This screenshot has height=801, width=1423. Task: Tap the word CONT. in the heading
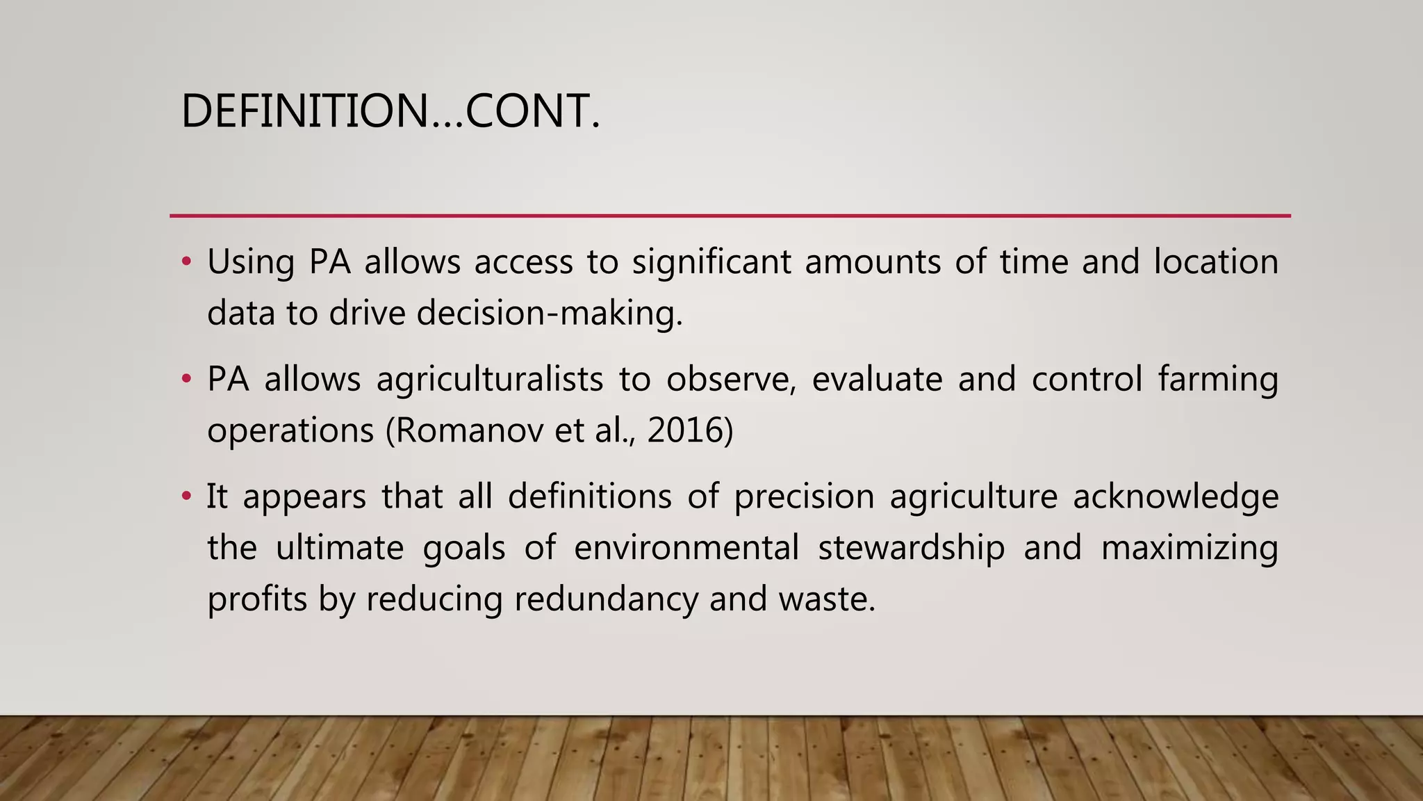[532, 111]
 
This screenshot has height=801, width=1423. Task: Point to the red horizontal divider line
[730, 216]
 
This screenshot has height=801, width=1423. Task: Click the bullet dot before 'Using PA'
[186, 262]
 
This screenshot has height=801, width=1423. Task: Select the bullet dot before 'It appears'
[186, 496]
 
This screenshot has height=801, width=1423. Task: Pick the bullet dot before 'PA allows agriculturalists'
[186, 379]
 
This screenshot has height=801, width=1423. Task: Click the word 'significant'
[711, 263]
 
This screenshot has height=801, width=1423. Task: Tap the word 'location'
[1216, 262]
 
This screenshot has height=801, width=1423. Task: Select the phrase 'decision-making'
[548, 314]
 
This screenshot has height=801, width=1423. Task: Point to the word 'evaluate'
[878, 380]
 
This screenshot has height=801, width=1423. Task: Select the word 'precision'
[804, 497]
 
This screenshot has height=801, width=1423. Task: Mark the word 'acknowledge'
[1176, 497]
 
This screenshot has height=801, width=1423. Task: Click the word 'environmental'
[686, 548]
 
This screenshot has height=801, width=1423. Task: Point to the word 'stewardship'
[911, 548]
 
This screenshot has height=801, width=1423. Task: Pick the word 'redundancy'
[605, 599]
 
